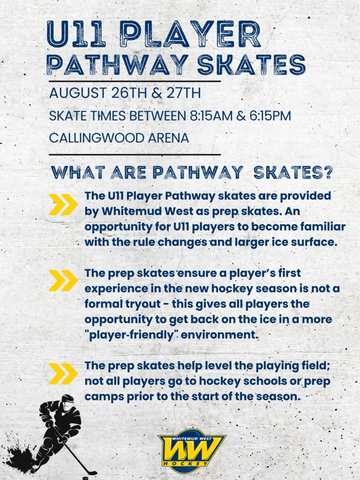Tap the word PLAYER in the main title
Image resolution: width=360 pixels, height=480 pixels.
[x=190, y=34]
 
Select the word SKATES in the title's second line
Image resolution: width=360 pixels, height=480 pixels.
[x=251, y=65]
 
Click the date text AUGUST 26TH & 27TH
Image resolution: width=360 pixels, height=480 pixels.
[x=125, y=93]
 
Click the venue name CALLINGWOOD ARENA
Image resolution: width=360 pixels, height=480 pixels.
[x=119, y=138]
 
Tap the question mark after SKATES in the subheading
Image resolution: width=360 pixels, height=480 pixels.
[x=328, y=172]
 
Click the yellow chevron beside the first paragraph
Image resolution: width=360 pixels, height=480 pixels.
[x=63, y=204]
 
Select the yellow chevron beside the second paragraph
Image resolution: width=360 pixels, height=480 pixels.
[x=63, y=280]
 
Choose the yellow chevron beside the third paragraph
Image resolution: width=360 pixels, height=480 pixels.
[x=63, y=373]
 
